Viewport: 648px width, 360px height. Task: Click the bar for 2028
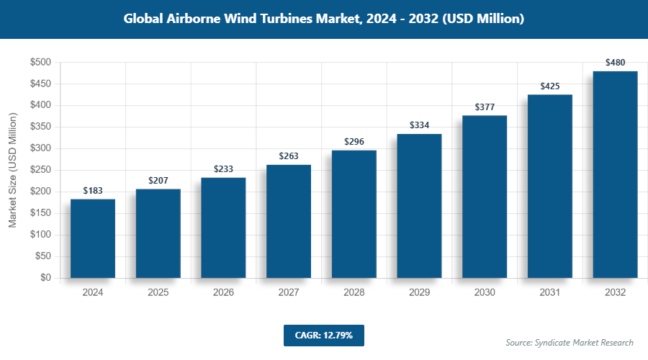(x=354, y=214)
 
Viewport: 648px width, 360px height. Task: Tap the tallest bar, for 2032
(x=615, y=174)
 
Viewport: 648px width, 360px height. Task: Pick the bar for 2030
(x=485, y=197)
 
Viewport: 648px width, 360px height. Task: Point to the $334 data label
(x=419, y=125)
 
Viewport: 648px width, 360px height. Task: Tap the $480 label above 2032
(x=615, y=63)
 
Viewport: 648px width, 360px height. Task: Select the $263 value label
(x=289, y=156)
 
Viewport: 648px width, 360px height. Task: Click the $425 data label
(x=550, y=86)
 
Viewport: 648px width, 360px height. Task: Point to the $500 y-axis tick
(x=40, y=63)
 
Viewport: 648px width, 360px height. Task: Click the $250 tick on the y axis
(x=40, y=170)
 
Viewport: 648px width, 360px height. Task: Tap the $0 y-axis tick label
(x=45, y=278)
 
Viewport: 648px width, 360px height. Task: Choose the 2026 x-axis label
(x=223, y=292)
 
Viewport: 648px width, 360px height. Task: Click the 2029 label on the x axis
(x=419, y=292)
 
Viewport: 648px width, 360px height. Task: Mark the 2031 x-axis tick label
(x=550, y=292)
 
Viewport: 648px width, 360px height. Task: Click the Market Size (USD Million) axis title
(x=12, y=170)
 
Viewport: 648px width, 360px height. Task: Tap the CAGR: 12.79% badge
(x=323, y=335)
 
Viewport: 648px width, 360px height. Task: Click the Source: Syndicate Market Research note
(x=569, y=342)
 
